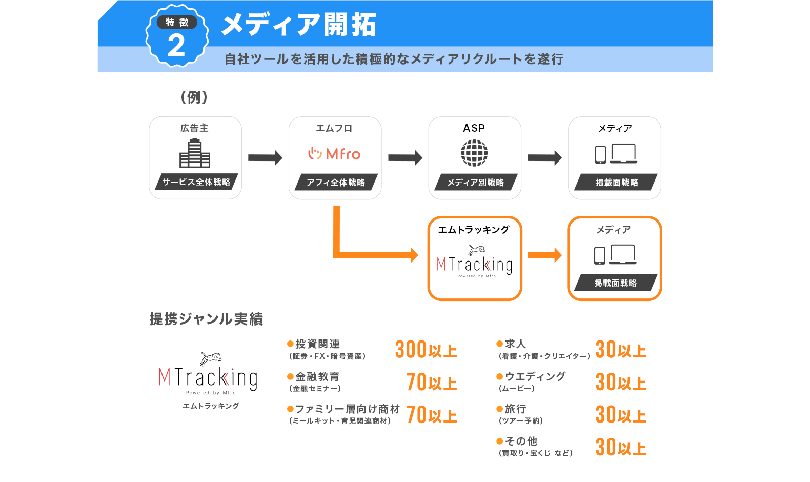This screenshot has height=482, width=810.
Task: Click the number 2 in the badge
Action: [x=176, y=45]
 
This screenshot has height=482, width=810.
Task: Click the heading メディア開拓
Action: [x=299, y=25]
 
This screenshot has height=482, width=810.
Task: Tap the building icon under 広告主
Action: [x=195, y=154]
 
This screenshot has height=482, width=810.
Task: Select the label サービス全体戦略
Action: [x=196, y=182]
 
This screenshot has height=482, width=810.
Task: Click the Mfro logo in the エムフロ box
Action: [x=334, y=153]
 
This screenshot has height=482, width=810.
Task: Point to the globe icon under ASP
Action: [x=474, y=153]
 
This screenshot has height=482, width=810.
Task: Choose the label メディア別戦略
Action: [x=475, y=183]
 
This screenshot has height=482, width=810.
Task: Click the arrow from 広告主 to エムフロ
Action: [x=265, y=157]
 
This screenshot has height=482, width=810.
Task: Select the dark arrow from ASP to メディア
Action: [x=544, y=157]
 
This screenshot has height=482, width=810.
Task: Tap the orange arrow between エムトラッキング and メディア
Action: [x=544, y=255]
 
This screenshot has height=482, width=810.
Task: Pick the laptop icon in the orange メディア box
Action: [x=623, y=254]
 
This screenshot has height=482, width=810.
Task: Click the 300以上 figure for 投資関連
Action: [x=426, y=350]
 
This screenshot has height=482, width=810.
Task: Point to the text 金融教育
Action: [x=317, y=377]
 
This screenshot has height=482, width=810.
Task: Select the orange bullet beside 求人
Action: [x=499, y=344]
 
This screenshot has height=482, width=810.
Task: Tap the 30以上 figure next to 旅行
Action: [x=620, y=415]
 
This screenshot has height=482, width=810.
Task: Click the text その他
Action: [x=521, y=441]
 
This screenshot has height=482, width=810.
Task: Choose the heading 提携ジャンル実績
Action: [x=206, y=319]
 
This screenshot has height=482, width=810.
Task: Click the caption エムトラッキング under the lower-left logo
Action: [x=211, y=406]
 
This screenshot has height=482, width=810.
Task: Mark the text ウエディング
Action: [x=535, y=376]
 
